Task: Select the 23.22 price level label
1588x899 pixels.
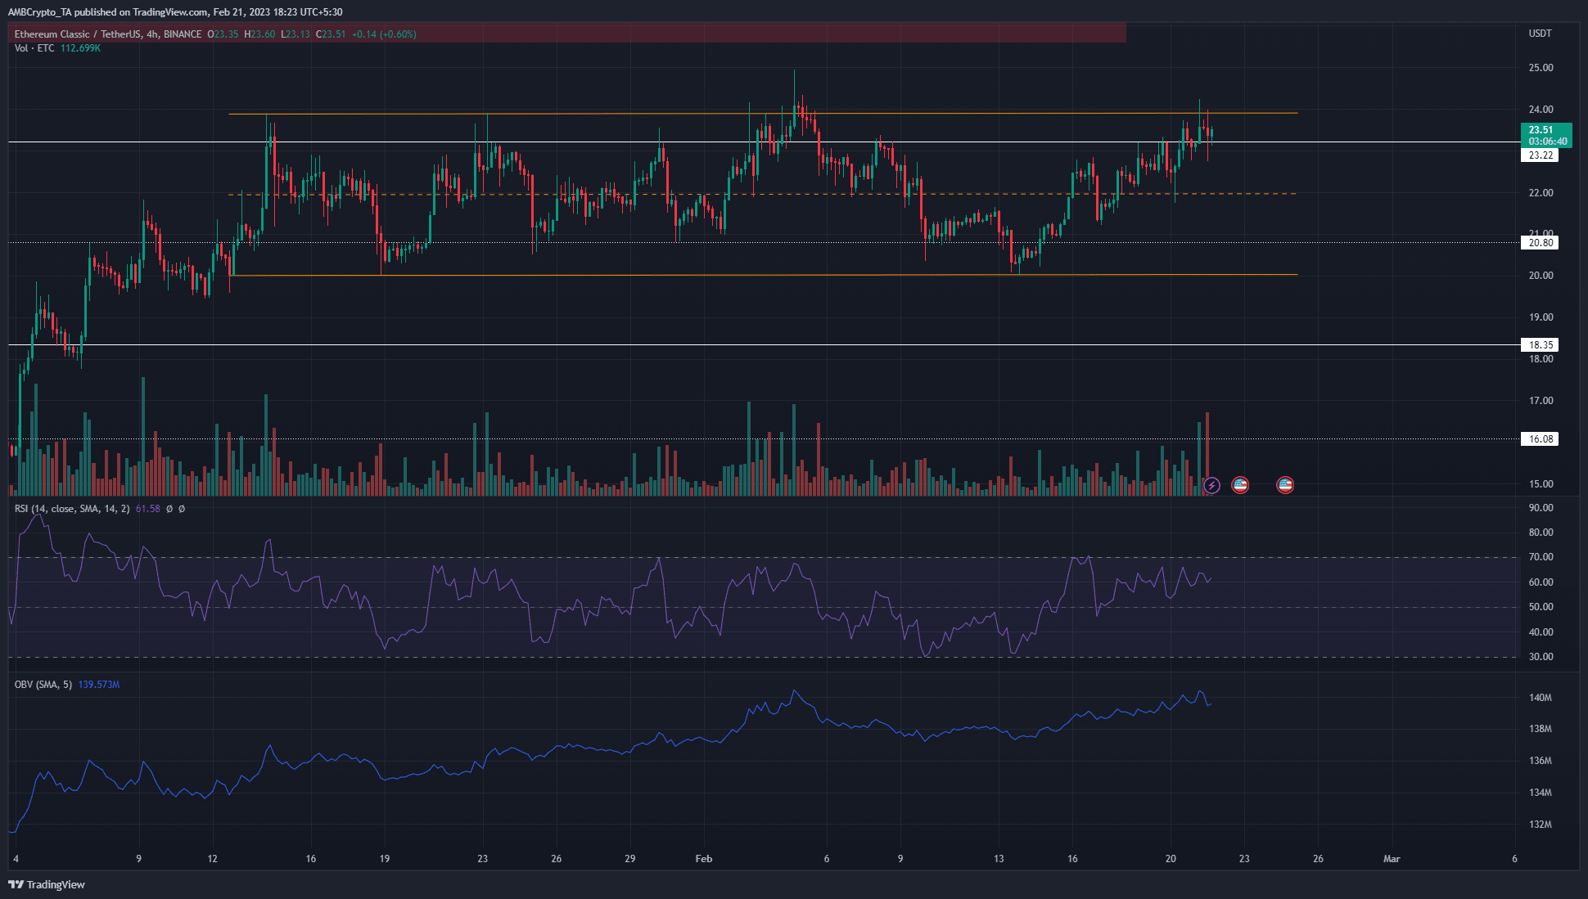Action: (1541, 155)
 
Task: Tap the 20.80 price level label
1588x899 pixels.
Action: (1541, 243)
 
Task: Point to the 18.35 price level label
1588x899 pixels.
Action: (1541, 345)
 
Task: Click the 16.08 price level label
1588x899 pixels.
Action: (1541, 439)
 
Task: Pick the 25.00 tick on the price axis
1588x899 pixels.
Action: (1541, 68)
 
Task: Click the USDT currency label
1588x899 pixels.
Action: (1540, 34)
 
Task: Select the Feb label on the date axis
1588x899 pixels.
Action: (703, 859)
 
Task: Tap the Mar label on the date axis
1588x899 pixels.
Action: (1391, 859)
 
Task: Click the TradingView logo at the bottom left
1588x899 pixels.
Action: (47, 884)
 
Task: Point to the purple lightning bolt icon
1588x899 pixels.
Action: (1211, 486)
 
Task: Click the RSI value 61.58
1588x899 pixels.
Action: (147, 509)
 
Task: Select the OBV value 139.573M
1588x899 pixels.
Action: (99, 685)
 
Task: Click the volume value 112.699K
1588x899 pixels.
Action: (80, 48)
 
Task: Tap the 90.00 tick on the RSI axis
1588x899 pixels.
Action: (1541, 508)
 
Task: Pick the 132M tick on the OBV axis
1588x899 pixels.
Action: (1541, 825)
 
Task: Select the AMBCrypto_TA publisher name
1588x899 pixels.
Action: (39, 12)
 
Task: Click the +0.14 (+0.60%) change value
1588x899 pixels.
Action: (384, 34)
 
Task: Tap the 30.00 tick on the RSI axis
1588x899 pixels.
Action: (1541, 657)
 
